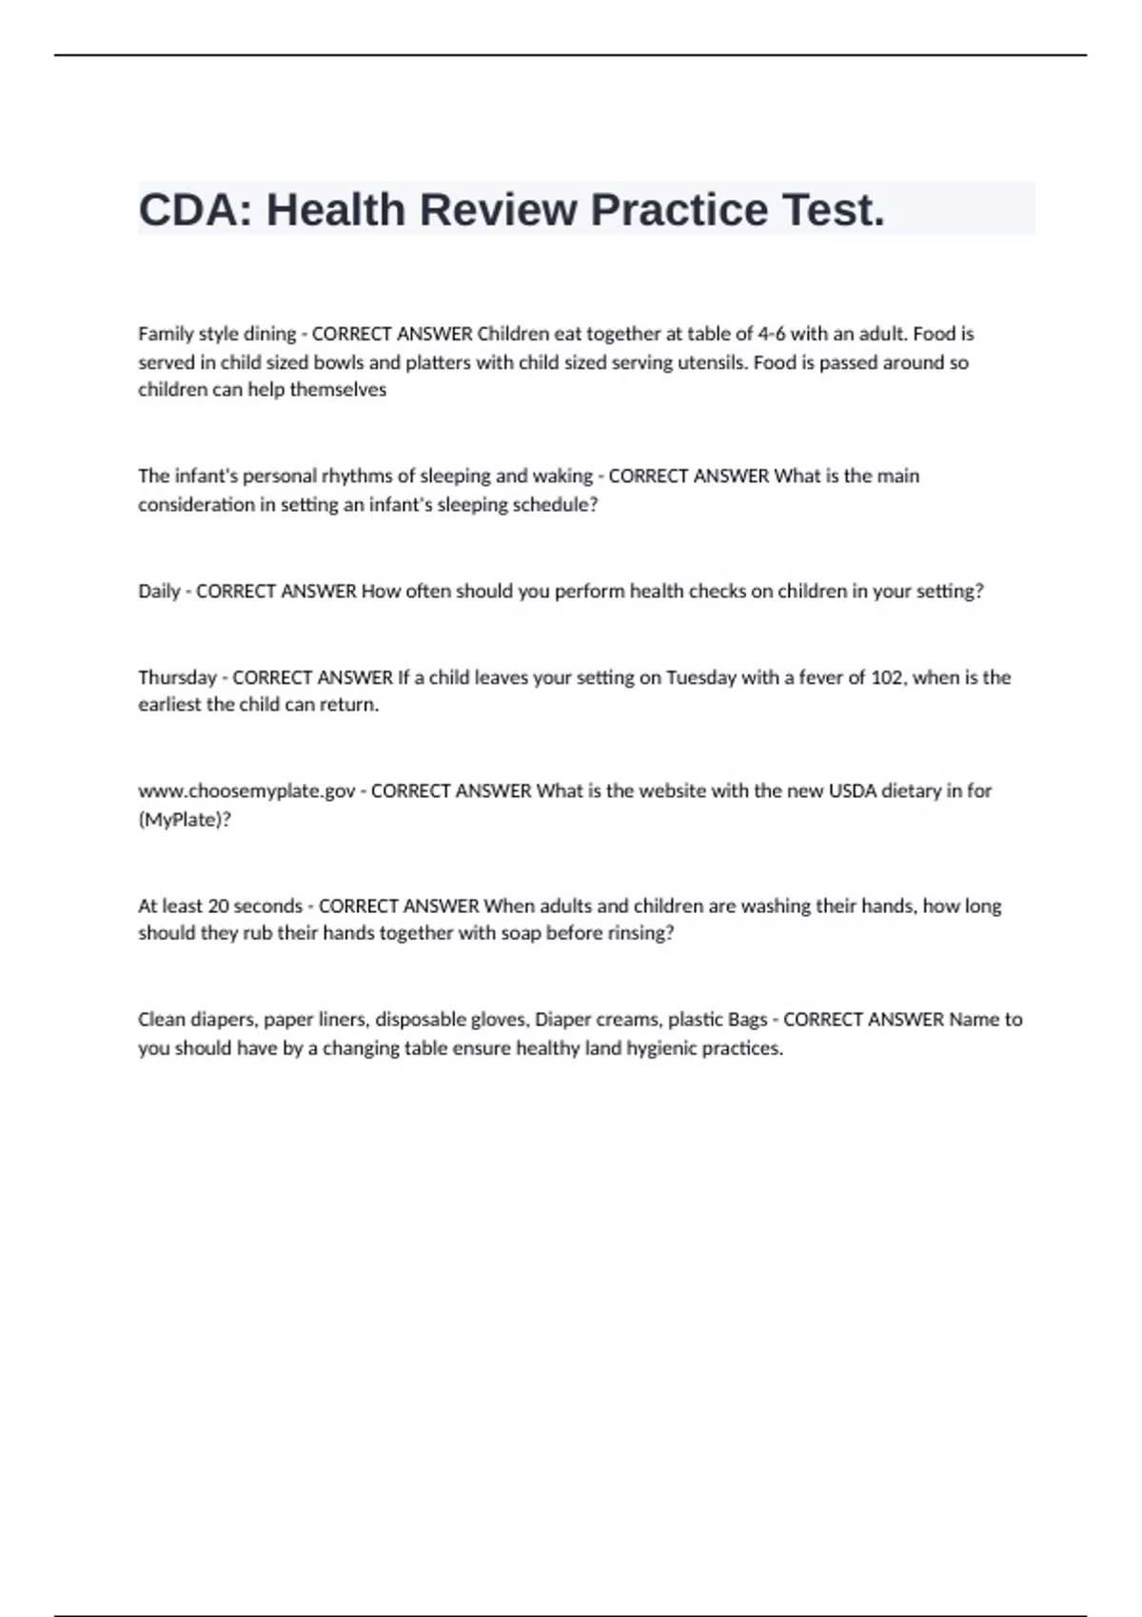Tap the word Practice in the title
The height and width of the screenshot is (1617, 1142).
click(679, 209)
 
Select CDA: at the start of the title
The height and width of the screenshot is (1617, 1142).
click(196, 209)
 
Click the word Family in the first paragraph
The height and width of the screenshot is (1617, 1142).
click(164, 334)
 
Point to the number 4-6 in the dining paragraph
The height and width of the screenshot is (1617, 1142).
click(771, 334)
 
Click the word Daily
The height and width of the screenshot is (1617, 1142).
click(159, 591)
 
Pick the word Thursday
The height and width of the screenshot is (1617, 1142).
click(177, 677)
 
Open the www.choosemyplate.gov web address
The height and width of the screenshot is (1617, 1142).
click(246, 791)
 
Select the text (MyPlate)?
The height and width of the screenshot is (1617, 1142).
click(185, 820)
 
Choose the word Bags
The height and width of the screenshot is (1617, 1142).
click(747, 1020)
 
